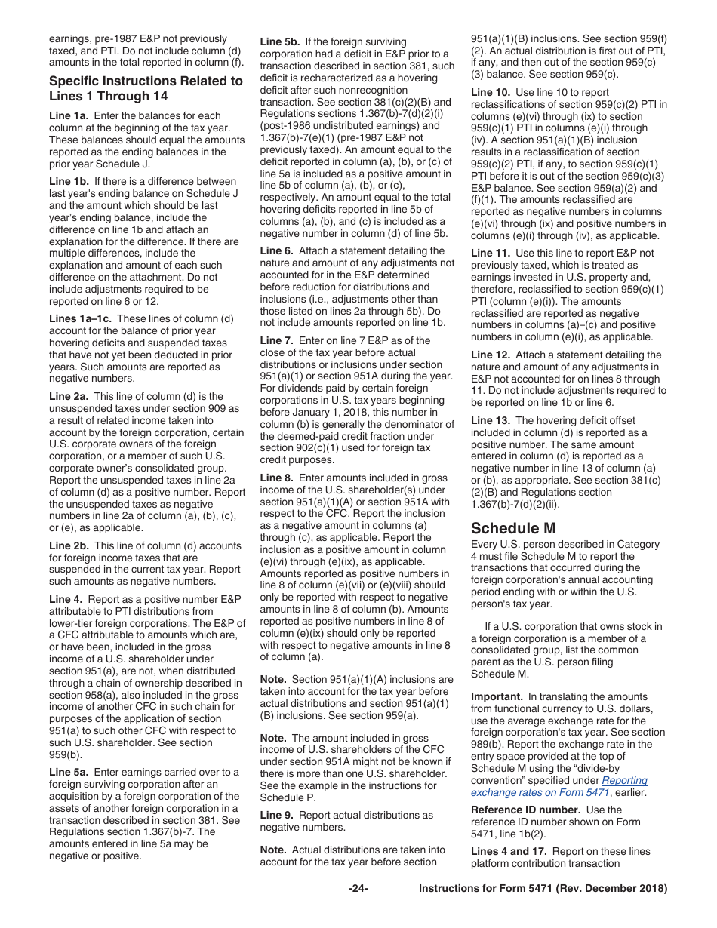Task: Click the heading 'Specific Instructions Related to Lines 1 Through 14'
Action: point(146,88)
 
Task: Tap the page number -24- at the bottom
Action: point(358,888)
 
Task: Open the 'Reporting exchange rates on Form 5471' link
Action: point(559,786)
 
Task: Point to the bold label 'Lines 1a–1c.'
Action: point(80,318)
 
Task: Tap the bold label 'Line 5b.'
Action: point(280,41)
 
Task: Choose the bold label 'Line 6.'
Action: point(276,250)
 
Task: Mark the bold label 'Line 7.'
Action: point(276,340)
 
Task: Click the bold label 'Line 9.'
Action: point(276,815)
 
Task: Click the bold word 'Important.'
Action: point(496,696)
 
